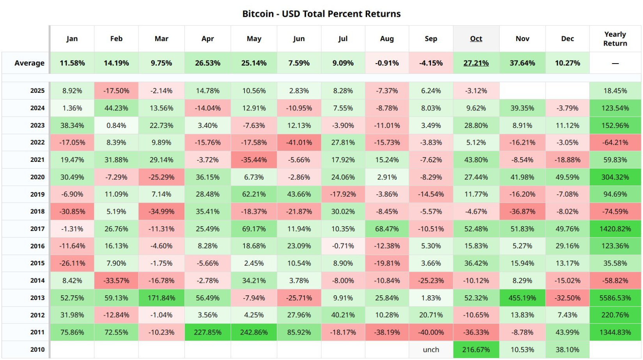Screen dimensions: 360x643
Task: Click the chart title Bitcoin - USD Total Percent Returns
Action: point(321,14)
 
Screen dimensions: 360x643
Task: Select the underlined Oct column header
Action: point(476,39)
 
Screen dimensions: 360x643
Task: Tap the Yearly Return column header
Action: point(615,39)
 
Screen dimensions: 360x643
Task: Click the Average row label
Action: point(29,63)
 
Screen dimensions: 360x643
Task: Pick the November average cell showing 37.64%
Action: point(522,63)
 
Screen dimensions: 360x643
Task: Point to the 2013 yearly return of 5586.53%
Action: point(615,298)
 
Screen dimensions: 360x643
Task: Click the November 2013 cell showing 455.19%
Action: point(522,298)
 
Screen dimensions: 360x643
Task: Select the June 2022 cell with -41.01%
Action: point(299,142)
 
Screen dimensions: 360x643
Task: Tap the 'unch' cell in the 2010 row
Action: point(431,349)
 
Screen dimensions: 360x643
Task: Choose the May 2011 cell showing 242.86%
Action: point(254,332)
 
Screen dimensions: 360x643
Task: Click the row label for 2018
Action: point(37,211)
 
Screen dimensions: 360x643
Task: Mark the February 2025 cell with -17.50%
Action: point(116,90)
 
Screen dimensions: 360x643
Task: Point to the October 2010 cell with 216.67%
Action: point(476,349)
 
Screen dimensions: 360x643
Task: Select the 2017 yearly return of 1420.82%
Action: point(615,229)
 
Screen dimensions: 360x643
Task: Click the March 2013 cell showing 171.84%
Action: point(161,298)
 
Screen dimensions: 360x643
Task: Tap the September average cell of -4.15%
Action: point(431,63)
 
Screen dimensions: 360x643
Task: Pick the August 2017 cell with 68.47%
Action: point(387,229)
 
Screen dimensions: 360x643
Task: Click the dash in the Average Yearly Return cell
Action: point(615,63)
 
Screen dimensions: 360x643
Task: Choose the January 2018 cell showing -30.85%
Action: point(72,211)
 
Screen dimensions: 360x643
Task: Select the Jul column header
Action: point(343,39)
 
